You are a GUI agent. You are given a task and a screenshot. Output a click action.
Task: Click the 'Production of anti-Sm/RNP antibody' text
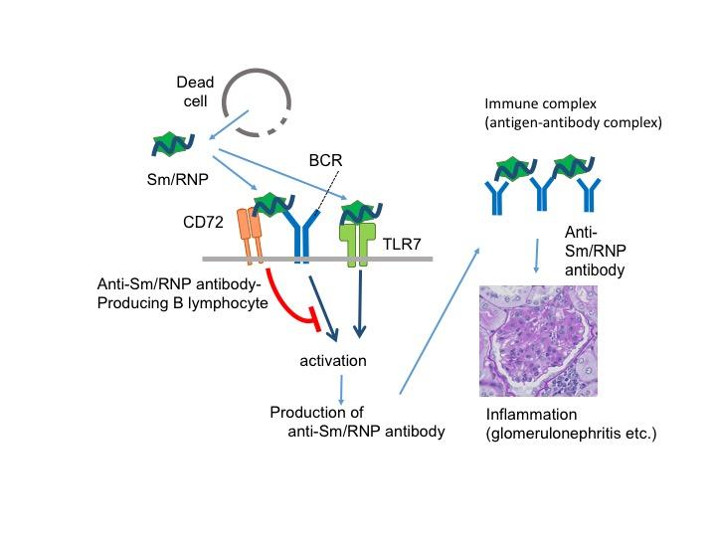pyautogui.click(x=352, y=421)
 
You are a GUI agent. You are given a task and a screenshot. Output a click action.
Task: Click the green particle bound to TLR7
pyautogui.click(x=359, y=208)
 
